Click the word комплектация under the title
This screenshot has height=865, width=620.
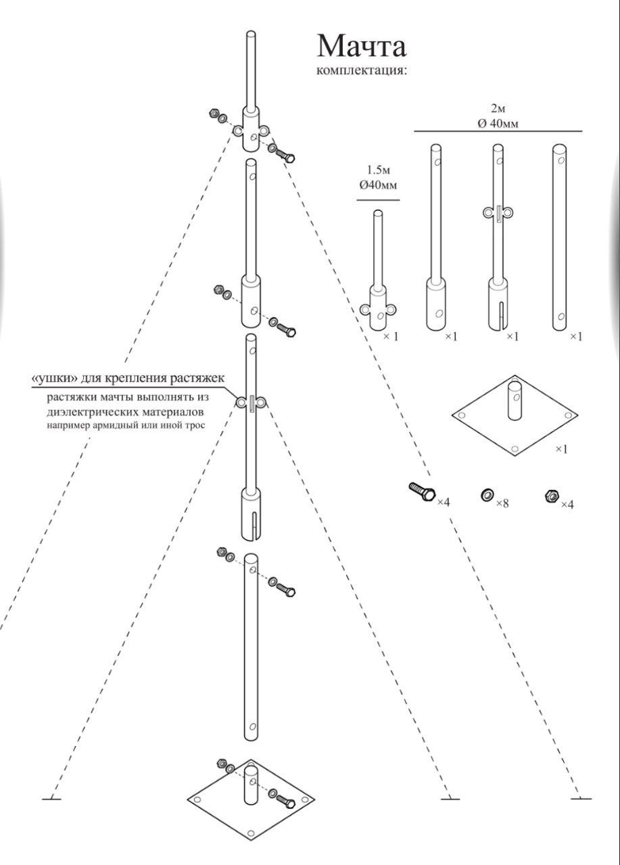[x=362, y=70]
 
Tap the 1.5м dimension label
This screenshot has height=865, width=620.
[x=378, y=170]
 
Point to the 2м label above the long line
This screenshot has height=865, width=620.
[x=498, y=108]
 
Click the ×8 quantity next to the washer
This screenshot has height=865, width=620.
[x=502, y=503]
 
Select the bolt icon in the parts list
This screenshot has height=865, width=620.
[x=421, y=491]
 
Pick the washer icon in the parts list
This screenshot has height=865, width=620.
[x=486, y=496]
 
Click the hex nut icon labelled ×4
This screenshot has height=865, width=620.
[x=551, y=497]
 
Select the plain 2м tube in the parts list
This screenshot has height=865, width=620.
[x=560, y=237]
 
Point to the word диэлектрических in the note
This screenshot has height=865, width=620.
[x=89, y=411]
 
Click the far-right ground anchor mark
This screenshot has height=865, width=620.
[x=581, y=799]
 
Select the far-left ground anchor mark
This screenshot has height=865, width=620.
[x=51, y=799]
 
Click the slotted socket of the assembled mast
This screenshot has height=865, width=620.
[x=252, y=515]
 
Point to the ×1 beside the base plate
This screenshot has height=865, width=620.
[x=561, y=449]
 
